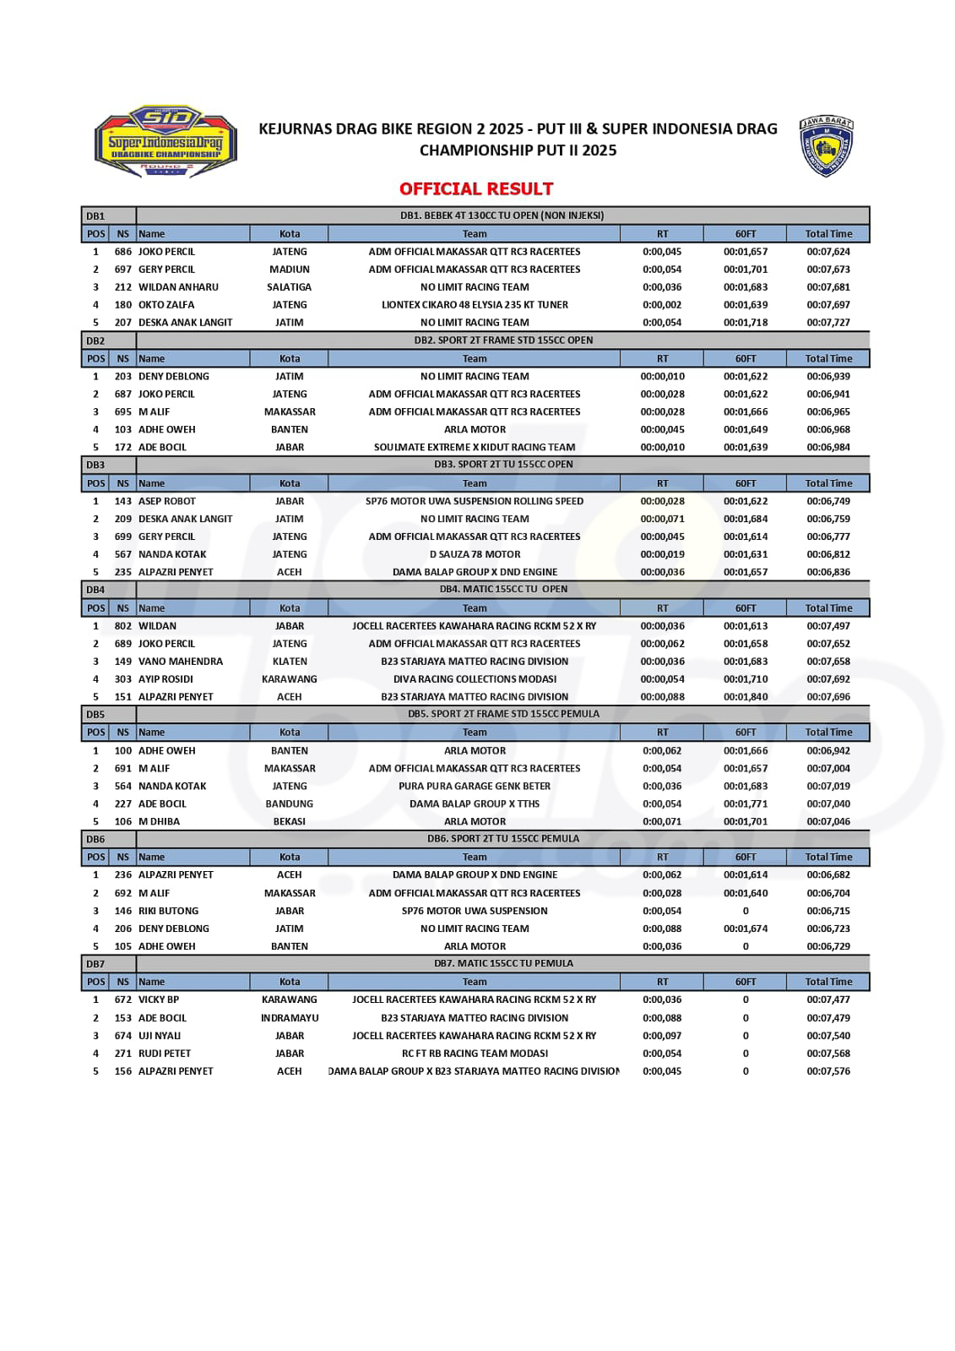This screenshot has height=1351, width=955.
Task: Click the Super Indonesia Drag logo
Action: pos(165,141)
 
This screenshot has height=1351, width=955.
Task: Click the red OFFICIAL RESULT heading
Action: pos(476,188)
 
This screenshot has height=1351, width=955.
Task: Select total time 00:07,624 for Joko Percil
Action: pos(827,252)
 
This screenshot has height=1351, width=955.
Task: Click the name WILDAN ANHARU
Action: pos(178,287)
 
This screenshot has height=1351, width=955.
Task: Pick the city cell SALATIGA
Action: pos(290,287)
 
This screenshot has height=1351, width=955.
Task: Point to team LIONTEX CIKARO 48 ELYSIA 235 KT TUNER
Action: pos(475,305)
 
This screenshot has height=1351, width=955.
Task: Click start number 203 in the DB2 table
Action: pos(123,377)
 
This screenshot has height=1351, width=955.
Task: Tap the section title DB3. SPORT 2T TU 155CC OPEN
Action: pos(503,465)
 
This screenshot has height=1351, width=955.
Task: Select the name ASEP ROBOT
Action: pos(167,501)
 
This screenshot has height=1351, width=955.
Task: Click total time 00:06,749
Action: pos(827,501)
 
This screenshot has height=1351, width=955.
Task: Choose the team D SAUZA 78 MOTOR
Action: pos(475,554)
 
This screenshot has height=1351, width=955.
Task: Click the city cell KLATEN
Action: pos(290,662)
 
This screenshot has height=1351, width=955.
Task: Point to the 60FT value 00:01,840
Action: pos(745,697)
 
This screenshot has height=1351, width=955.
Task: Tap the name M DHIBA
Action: pos(159,821)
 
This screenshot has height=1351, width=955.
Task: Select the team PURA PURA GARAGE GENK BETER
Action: pos(475,786)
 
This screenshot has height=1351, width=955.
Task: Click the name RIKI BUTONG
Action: pos(169,911)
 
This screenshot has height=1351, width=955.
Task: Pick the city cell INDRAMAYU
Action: pos(290,1018)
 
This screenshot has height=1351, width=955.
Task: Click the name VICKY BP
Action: pos(159,1000)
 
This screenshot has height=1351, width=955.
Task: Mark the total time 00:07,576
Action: pos(827,1071)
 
